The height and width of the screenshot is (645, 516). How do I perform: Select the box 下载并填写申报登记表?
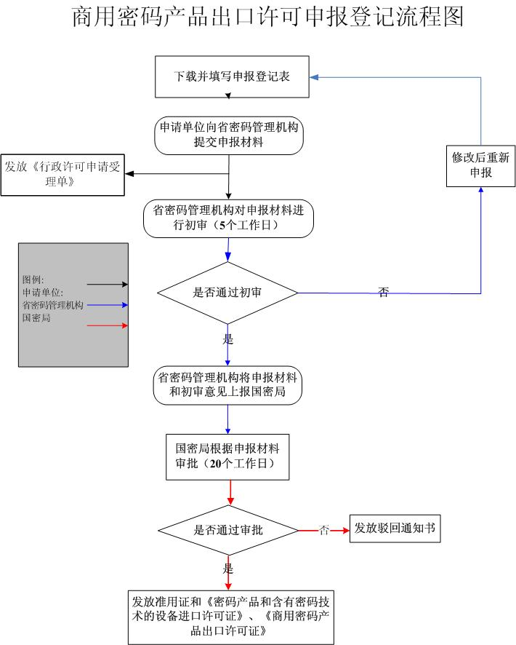232,76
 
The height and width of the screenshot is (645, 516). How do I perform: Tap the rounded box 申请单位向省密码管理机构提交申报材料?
228,135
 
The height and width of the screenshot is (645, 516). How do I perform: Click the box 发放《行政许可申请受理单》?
63,175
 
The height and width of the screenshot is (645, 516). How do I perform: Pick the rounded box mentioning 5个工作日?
228,218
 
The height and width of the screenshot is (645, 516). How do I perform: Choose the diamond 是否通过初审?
227,293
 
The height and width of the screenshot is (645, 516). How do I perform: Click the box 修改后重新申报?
480,165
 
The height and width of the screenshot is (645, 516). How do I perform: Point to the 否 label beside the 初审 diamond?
383,293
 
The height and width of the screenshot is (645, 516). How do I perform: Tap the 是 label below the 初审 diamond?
227,339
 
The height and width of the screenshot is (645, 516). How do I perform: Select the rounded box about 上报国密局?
228,386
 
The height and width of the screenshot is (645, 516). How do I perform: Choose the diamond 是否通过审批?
228,530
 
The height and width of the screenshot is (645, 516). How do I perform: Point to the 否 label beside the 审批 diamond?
324,530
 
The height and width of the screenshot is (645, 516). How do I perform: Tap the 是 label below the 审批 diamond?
228,569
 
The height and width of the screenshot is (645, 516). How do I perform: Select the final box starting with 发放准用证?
230,617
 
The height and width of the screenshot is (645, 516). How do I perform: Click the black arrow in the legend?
107,285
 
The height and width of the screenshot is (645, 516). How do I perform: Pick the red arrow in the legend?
107,325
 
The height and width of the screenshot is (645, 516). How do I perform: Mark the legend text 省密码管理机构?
53,305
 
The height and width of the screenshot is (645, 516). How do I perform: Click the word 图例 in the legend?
33,279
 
